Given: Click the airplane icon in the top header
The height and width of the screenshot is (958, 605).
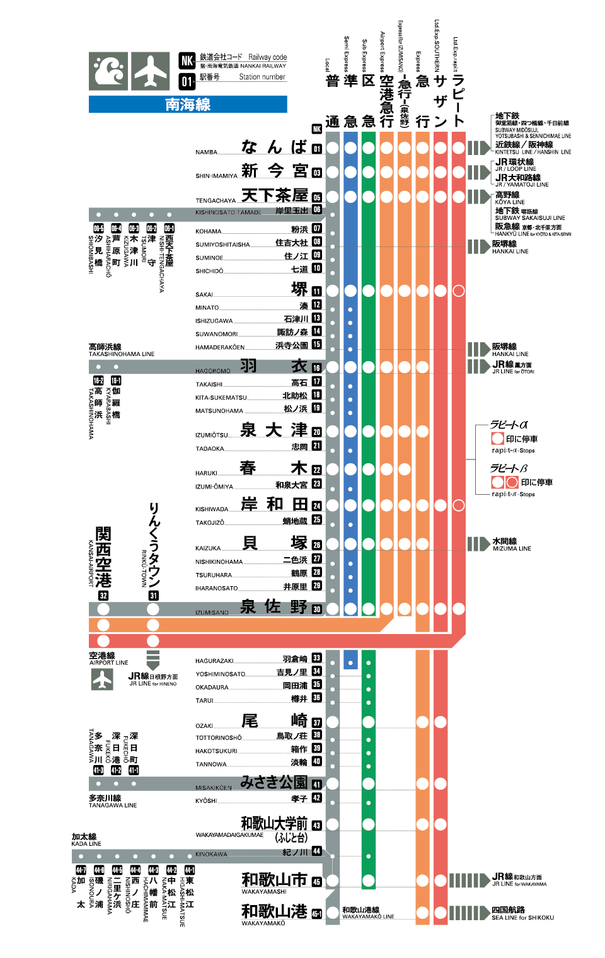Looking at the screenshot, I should [x=150, y=71].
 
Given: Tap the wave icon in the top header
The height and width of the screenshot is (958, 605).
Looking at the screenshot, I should [x=108, y=71].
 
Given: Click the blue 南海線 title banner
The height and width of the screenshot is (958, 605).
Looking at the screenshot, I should [x=188, y=105].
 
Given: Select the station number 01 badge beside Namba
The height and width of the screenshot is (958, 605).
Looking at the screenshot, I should [x=317, y=149].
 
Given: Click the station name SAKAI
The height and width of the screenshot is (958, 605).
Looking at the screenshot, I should [x=204, y=294].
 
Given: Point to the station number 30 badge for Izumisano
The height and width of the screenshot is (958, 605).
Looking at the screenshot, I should [x=317, y=609].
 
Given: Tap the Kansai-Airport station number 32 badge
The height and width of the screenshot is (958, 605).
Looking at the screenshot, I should [x=103, y=596].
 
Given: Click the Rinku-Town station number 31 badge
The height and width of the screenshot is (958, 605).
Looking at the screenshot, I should [x=153, y=596].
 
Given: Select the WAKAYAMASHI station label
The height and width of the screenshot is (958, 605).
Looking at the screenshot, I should [x=264, y=891].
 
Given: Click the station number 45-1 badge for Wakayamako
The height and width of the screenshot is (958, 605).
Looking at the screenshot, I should [x=316, y=913].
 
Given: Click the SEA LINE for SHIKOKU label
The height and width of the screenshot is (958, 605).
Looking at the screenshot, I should [x=522, y=918].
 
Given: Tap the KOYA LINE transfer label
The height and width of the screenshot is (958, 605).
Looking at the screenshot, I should [x=509, y=202].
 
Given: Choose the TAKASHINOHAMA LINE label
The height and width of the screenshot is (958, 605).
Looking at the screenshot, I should [x=122, y=354].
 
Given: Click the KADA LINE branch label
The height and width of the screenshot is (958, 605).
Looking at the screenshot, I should [x=86, y=843].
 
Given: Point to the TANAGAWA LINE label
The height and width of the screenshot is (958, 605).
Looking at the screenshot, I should [x=113, y=805].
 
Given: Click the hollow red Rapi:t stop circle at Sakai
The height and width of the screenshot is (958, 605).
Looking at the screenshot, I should [x=459, y=291].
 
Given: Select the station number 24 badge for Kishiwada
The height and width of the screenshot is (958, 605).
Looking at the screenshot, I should [x=317, y=506].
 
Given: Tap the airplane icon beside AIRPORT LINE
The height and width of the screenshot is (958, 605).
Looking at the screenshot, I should [x=102, y=679].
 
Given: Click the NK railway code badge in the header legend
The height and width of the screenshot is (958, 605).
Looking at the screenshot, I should [x=187, y=61].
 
